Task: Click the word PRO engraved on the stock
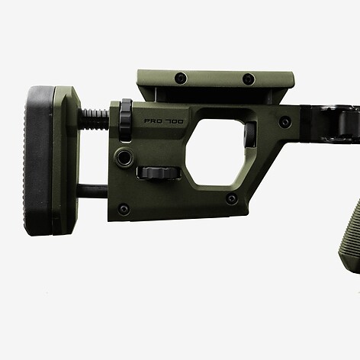(x=153, y=121)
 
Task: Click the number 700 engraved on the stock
(x=174, y=121)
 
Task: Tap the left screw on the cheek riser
(x=181, y=77)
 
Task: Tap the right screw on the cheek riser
(x=248, y=79)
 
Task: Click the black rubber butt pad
(x=38, y=161)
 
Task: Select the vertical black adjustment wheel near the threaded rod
(x=126, y=120)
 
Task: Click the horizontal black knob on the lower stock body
(x=159, y=173)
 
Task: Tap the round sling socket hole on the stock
(x=124, y=156)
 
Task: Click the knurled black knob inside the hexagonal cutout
(x=251, y=134)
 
